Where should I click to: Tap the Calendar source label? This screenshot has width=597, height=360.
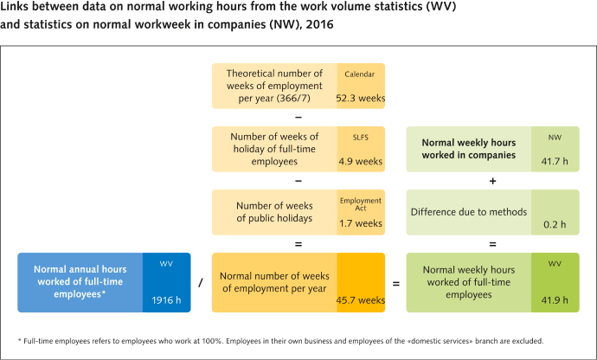(359, 74)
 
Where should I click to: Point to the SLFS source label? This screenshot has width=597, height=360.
(359, 137)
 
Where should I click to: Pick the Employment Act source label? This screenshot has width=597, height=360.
(361, 203)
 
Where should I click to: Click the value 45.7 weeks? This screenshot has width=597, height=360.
(360, 300)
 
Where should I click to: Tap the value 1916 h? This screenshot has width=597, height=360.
(167, 300)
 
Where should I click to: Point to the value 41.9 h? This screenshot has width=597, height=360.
(553, 300)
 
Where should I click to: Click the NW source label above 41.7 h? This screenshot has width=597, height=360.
(554, 137)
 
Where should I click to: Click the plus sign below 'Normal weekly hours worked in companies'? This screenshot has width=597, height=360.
(492, 181)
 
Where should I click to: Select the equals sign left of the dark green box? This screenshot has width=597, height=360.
(396, 283)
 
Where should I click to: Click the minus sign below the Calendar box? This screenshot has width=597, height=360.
(298, 117)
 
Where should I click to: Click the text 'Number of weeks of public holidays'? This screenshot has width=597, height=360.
(274, 211)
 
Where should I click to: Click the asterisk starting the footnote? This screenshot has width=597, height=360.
(19, 340)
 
